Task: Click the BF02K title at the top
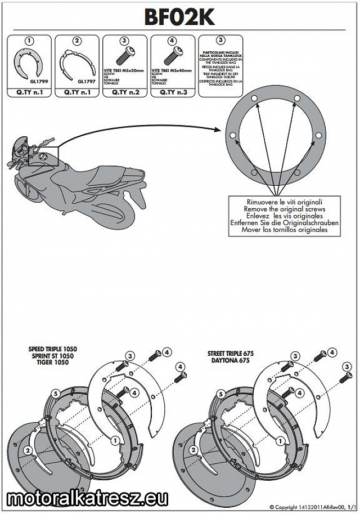pyautogui.click(x=179, y=17)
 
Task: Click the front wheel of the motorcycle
pyautogui.click(x=28, y=191)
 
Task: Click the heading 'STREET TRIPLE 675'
pyautogui.click(x=230, y=354)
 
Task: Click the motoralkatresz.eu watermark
pyautogui.click(x=88, y=498)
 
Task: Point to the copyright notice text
pyautogui.click(x=313, y=507)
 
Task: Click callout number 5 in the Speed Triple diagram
pyautogui.click(x=55, y=392)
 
